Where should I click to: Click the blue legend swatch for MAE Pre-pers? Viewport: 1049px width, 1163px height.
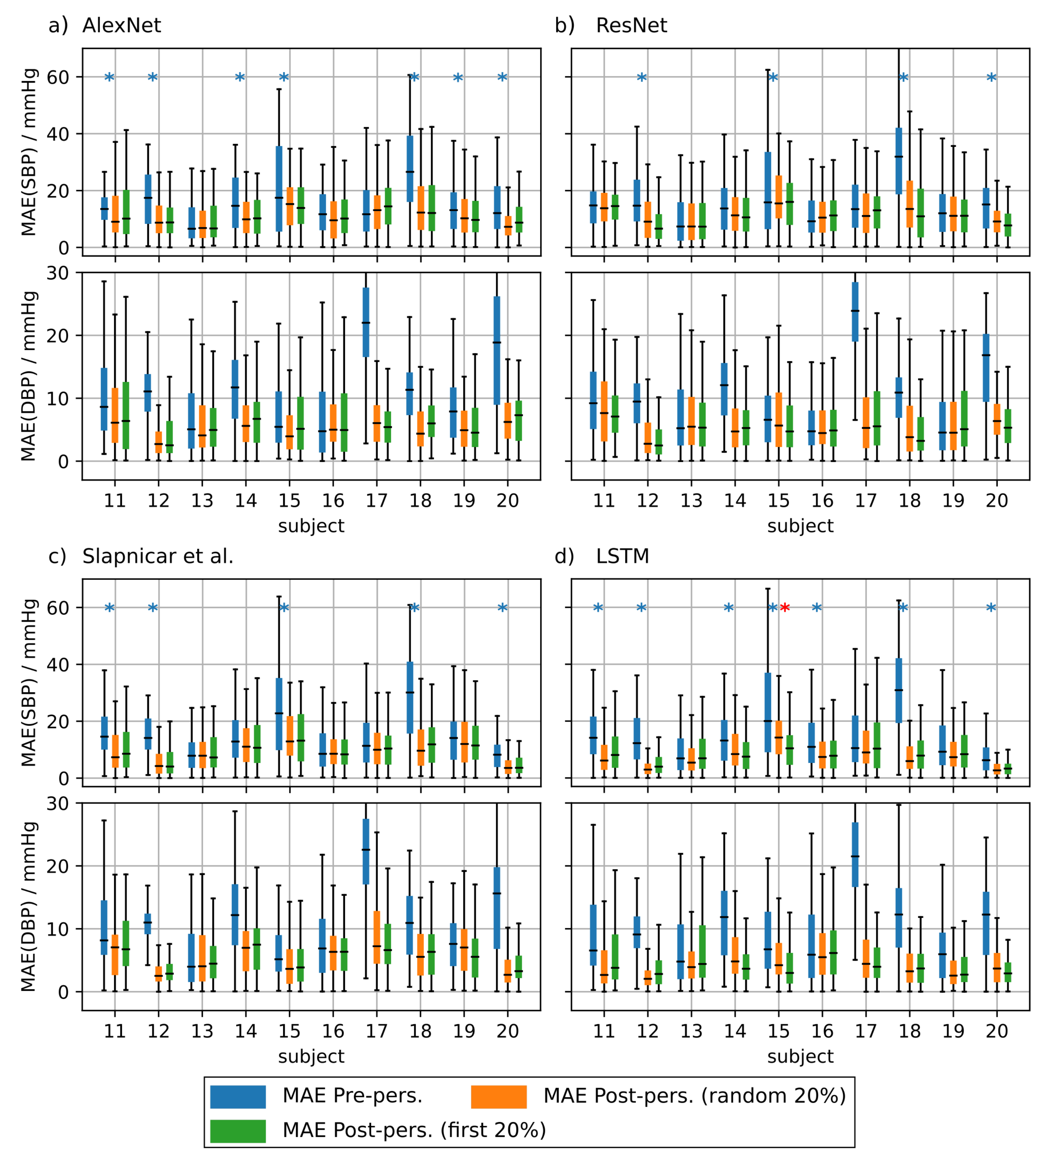point(237,1096)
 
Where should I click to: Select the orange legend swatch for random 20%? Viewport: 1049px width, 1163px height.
point(499,1096)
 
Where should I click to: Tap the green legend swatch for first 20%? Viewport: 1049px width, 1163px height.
point(237,1131)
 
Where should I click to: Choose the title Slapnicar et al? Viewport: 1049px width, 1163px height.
point(158,557)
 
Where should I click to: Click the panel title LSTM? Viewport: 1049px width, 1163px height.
point(622,557)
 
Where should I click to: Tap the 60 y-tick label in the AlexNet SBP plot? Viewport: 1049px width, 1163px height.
point(57,77)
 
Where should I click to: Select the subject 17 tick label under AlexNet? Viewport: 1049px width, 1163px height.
point(377,501)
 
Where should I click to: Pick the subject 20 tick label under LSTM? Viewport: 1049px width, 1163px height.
point(996,1031)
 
